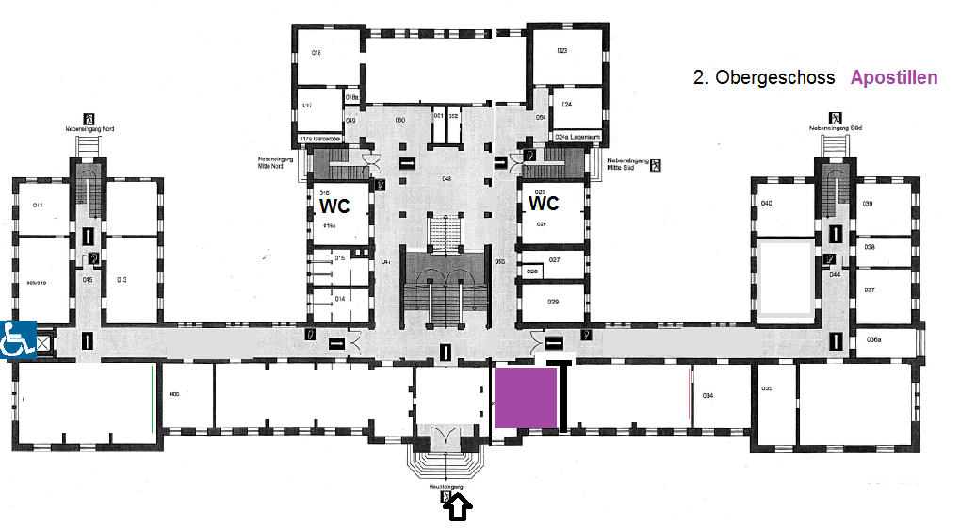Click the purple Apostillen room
tap(526, 398)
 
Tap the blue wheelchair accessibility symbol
tap(18, 338)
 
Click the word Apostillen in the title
tap(893, 77)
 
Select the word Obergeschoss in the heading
tap(774, 77)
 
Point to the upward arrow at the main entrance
tap(457, 509)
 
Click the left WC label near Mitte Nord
tap(334, 206)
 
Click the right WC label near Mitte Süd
tap(544, 204)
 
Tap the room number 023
tap(561, 50)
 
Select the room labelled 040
tap(767, 205)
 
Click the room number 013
tap(122, 279)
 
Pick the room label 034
tap(708, 395)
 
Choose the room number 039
tap(868, 205)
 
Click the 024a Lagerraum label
tap(578, 137)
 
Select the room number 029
tap(553, 301)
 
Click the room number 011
tap(39, 205)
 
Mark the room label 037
tap(870, 289)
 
